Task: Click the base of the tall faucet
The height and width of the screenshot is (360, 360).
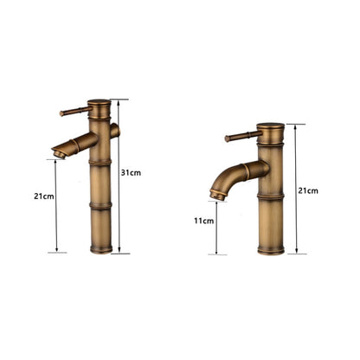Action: point(101,249)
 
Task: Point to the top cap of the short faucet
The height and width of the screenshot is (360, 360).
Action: point(269,128)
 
